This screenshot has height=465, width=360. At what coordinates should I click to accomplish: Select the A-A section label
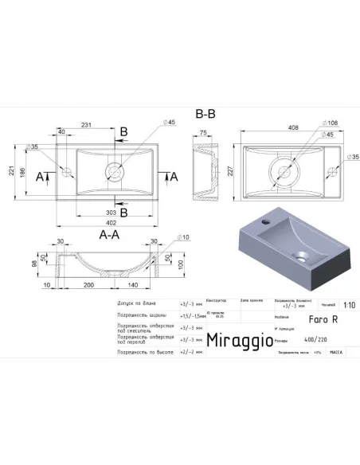[109, 235]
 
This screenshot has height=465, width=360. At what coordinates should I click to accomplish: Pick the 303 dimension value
[112, 213]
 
